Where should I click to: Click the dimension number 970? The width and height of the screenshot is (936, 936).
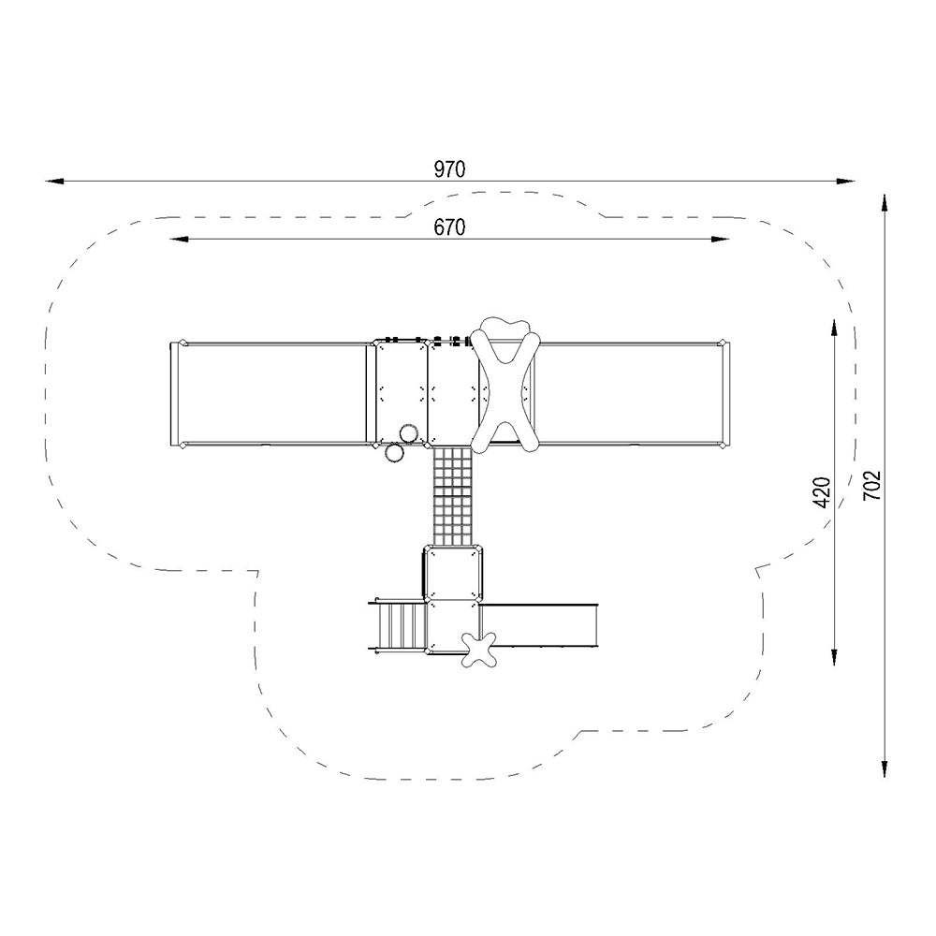(x=449, y=169)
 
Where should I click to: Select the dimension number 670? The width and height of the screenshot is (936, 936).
(x=449, y=227)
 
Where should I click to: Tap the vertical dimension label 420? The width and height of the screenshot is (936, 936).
(x=823, y=492)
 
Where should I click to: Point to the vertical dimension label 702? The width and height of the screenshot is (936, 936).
(x=872, y=486)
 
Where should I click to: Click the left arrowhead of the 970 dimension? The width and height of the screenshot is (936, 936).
(x=53, y=181)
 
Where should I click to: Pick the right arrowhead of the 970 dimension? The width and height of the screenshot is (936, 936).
(x=845, y=181)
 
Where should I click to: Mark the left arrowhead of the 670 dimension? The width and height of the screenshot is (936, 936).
(x=180, y=239)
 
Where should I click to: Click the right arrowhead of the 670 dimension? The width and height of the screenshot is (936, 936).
(x=719, y=239)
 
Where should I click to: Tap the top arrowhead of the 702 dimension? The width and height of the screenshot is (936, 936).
(x=885, y=203)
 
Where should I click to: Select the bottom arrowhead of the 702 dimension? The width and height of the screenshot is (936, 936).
(x=885, y=768)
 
